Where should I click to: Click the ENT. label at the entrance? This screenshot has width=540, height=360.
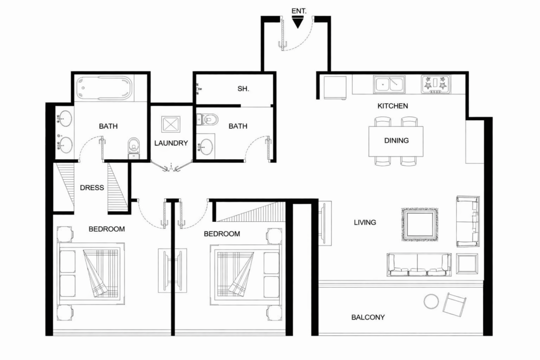[x=298, y=11]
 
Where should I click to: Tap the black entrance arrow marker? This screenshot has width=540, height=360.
[x=298, y=23]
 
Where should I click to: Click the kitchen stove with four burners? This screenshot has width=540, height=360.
[x=436, y=84]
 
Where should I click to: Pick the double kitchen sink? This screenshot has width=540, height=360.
[x=389, y=84]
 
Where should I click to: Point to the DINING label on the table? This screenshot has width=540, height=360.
[x=396, y=141]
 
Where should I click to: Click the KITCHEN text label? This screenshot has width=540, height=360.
[x=392, y=106]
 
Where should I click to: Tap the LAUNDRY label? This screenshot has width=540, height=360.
[x=171, y=143]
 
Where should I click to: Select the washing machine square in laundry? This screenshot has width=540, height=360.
[x=171, y=124]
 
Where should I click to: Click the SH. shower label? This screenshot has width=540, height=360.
[x=243, y=89]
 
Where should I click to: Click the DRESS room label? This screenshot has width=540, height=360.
[x=92, y=187]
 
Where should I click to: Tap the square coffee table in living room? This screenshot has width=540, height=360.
[x=419, y=224]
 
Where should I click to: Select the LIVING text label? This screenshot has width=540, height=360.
[x=365, y=222]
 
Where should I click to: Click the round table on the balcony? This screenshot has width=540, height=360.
[x=431, y=301]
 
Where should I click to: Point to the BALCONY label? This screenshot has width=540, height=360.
[x=368, y=317]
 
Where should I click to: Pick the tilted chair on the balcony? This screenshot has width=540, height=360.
[x=455, y=304]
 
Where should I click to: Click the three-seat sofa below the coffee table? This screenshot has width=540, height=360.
[x=419, y=265]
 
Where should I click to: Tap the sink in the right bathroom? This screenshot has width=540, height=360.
[x=205, y=147]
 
